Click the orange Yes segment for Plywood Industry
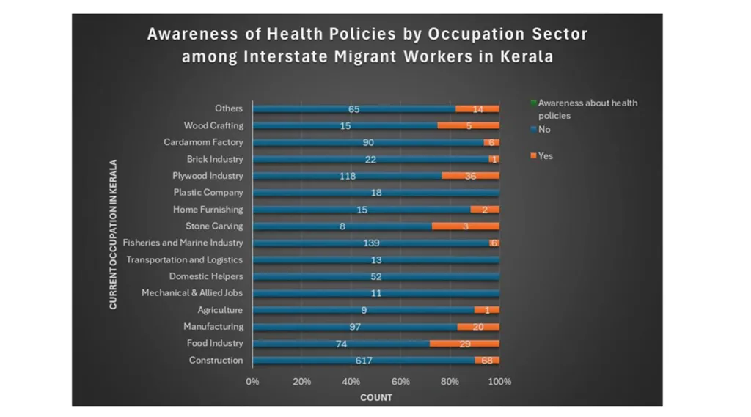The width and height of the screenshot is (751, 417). click(x=470, y=176)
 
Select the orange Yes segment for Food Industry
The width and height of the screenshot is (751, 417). click(x=464, y=344)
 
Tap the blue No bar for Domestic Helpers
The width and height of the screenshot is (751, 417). click(x=375, y=276)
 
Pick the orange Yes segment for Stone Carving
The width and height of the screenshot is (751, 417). click(x=465, y=226)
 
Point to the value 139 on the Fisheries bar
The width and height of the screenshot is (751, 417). click(x=371, y=243)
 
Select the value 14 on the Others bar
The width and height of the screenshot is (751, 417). click(x=477, y=109)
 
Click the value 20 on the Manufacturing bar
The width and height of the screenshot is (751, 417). click(x=477, y=327)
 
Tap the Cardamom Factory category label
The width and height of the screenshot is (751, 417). click(x=203, y=142)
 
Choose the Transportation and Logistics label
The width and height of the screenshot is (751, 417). click(x=184, y=260)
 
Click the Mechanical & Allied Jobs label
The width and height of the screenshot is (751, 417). click(x=191, y=293)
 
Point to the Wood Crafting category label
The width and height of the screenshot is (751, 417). click(x=213, y=125)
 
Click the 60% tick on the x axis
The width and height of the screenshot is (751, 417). click(x=400, y=382)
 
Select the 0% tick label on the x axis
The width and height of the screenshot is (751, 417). click(x=252, y=382)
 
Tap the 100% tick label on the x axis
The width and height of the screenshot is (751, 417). click(x=499, y=382)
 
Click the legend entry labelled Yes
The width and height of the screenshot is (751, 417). click(x=545, y=156)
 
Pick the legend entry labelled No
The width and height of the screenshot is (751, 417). click(x=543, y=130)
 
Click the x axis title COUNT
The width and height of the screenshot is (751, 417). click(x=375, y=398)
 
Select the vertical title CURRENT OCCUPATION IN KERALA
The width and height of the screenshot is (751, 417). click(x=114, y=235)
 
